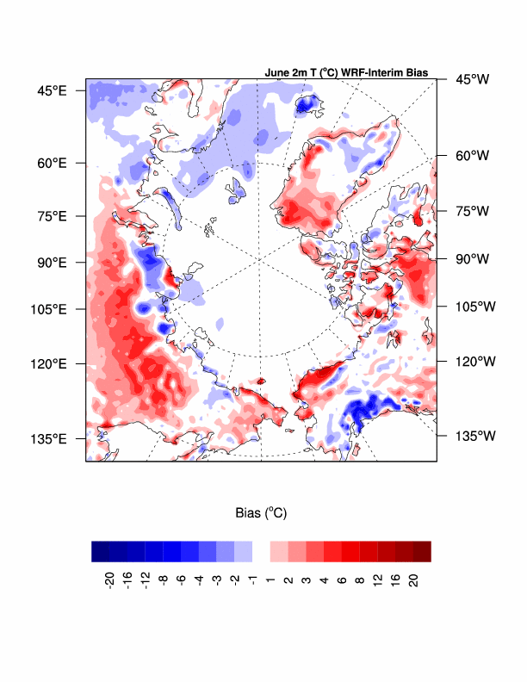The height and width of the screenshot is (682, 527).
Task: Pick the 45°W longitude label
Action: (471, 79)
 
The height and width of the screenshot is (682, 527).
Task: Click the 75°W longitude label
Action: (471, 211)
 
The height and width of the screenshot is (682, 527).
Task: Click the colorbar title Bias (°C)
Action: (261, 513)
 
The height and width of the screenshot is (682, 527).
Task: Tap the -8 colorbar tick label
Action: (164, 580)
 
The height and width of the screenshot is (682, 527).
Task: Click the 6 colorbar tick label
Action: (341, 580)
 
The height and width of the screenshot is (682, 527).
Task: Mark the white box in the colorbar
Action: (261, 551)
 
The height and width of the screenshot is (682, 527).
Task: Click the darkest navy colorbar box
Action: (101, 551)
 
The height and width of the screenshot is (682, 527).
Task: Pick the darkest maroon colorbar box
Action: (421, 551)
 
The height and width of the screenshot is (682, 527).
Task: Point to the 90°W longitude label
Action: (471, 258)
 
